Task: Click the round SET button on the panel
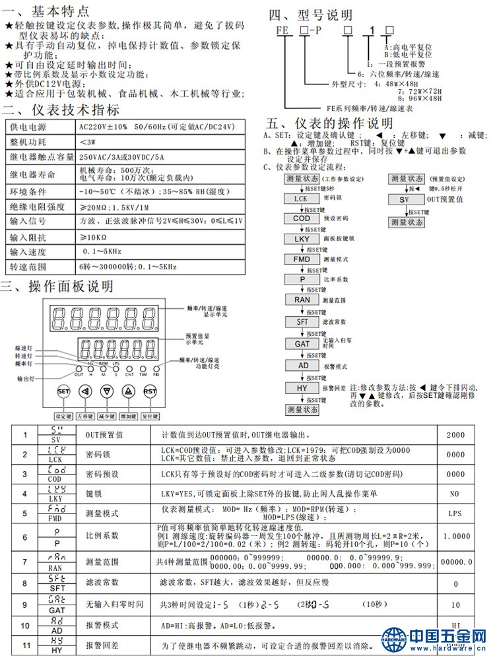63,391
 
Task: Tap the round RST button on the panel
150,391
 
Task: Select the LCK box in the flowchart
301,199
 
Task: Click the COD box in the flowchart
301,218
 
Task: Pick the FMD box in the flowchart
301,259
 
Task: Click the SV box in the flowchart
407,199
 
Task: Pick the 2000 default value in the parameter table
455,436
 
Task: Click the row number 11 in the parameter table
25,645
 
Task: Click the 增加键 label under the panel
128,416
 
